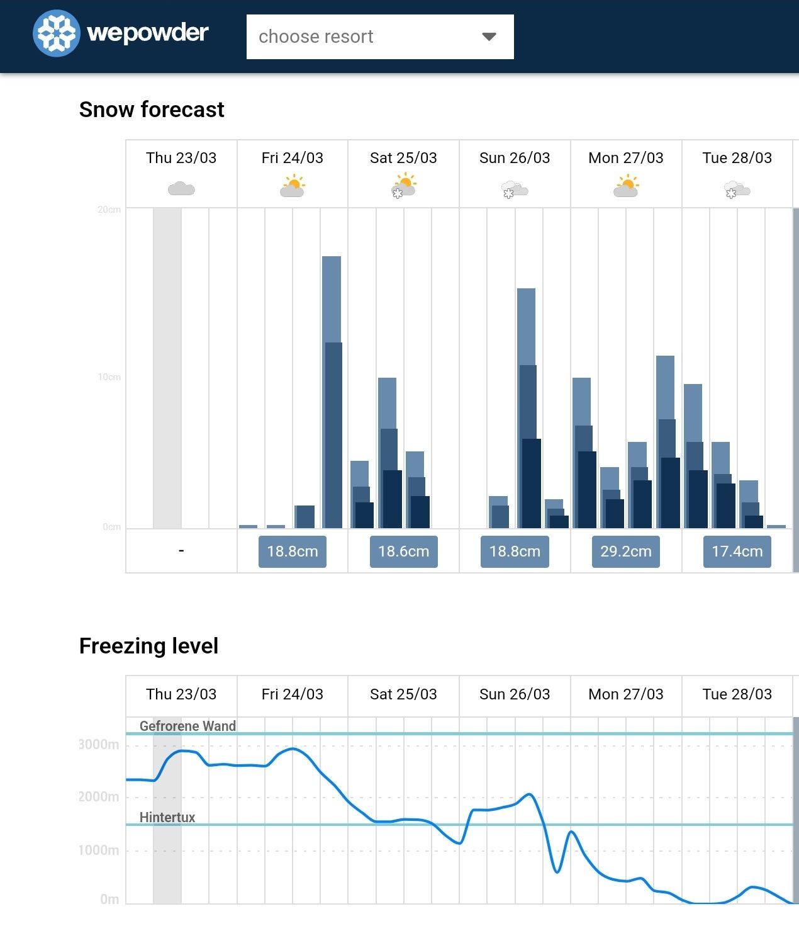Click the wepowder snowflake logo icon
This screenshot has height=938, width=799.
pos(57,33)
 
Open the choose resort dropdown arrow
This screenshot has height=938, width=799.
pos(489,37)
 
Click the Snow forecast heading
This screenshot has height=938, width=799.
pos(152,110)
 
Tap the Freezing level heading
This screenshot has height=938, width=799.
pos(148,646)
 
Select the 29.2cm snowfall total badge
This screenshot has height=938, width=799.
pos(625,551)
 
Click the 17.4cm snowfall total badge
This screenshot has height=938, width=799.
pos(737,551)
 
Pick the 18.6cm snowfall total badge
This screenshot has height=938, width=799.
pos(403,551)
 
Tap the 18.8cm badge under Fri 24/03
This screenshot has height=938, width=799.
pos(293,551)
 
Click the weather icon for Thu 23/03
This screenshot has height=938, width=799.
pos(181,188)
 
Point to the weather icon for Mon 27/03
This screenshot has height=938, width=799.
pos(626,187)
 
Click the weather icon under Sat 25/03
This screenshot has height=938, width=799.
pos(403,187)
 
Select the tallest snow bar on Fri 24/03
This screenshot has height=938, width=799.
pos(332,390)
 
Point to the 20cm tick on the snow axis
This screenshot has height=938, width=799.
pos(109,210)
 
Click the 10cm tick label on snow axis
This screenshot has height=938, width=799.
pos(109,377)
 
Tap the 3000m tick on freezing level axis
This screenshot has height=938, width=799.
pos(98,745)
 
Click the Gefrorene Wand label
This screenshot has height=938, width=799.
pos(187,726)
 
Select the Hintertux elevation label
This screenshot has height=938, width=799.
pos(167,817)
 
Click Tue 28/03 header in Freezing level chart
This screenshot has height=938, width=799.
pos(737,694)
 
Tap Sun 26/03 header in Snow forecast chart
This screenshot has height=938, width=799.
pos(515,158)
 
